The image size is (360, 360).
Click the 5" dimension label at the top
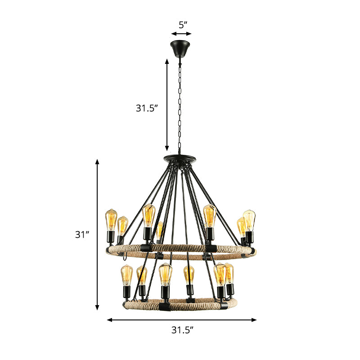181,25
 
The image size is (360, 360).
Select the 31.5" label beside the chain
148,108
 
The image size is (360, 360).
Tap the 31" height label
82,234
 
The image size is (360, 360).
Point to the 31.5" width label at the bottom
182,330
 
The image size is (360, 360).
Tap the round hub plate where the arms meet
180,158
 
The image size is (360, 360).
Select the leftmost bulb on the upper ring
111,220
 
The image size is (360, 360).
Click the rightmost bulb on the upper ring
249,220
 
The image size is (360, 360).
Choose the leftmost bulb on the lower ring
127,275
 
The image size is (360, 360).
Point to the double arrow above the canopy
181,34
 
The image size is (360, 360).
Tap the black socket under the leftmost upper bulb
110,237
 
